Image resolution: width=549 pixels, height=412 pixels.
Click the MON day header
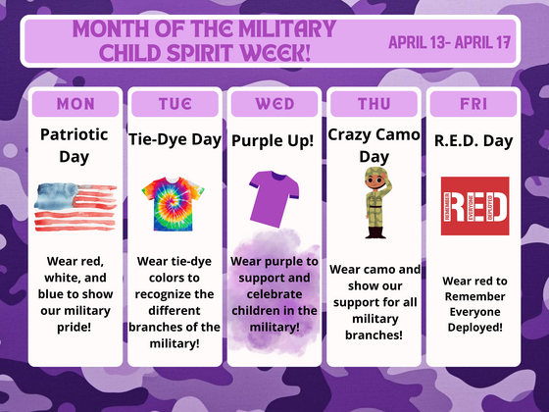[x=75, y=103]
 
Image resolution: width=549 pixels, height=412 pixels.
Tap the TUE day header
[x=175, y=103]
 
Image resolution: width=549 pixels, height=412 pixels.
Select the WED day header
[x=274, y=103]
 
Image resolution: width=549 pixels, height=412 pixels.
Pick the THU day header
[x=373, y=103]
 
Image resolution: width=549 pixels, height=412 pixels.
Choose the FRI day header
[x=474, y=103]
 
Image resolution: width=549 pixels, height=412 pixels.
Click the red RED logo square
[x=474, y=206]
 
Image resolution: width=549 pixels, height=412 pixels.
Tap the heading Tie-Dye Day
[x=175, y=140]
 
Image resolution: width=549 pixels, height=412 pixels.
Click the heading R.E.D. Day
[x=474, y=140]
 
